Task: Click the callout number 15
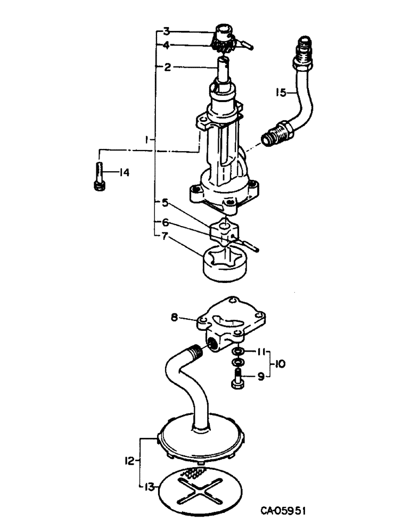(281, 92)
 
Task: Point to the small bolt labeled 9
(236, 380)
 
